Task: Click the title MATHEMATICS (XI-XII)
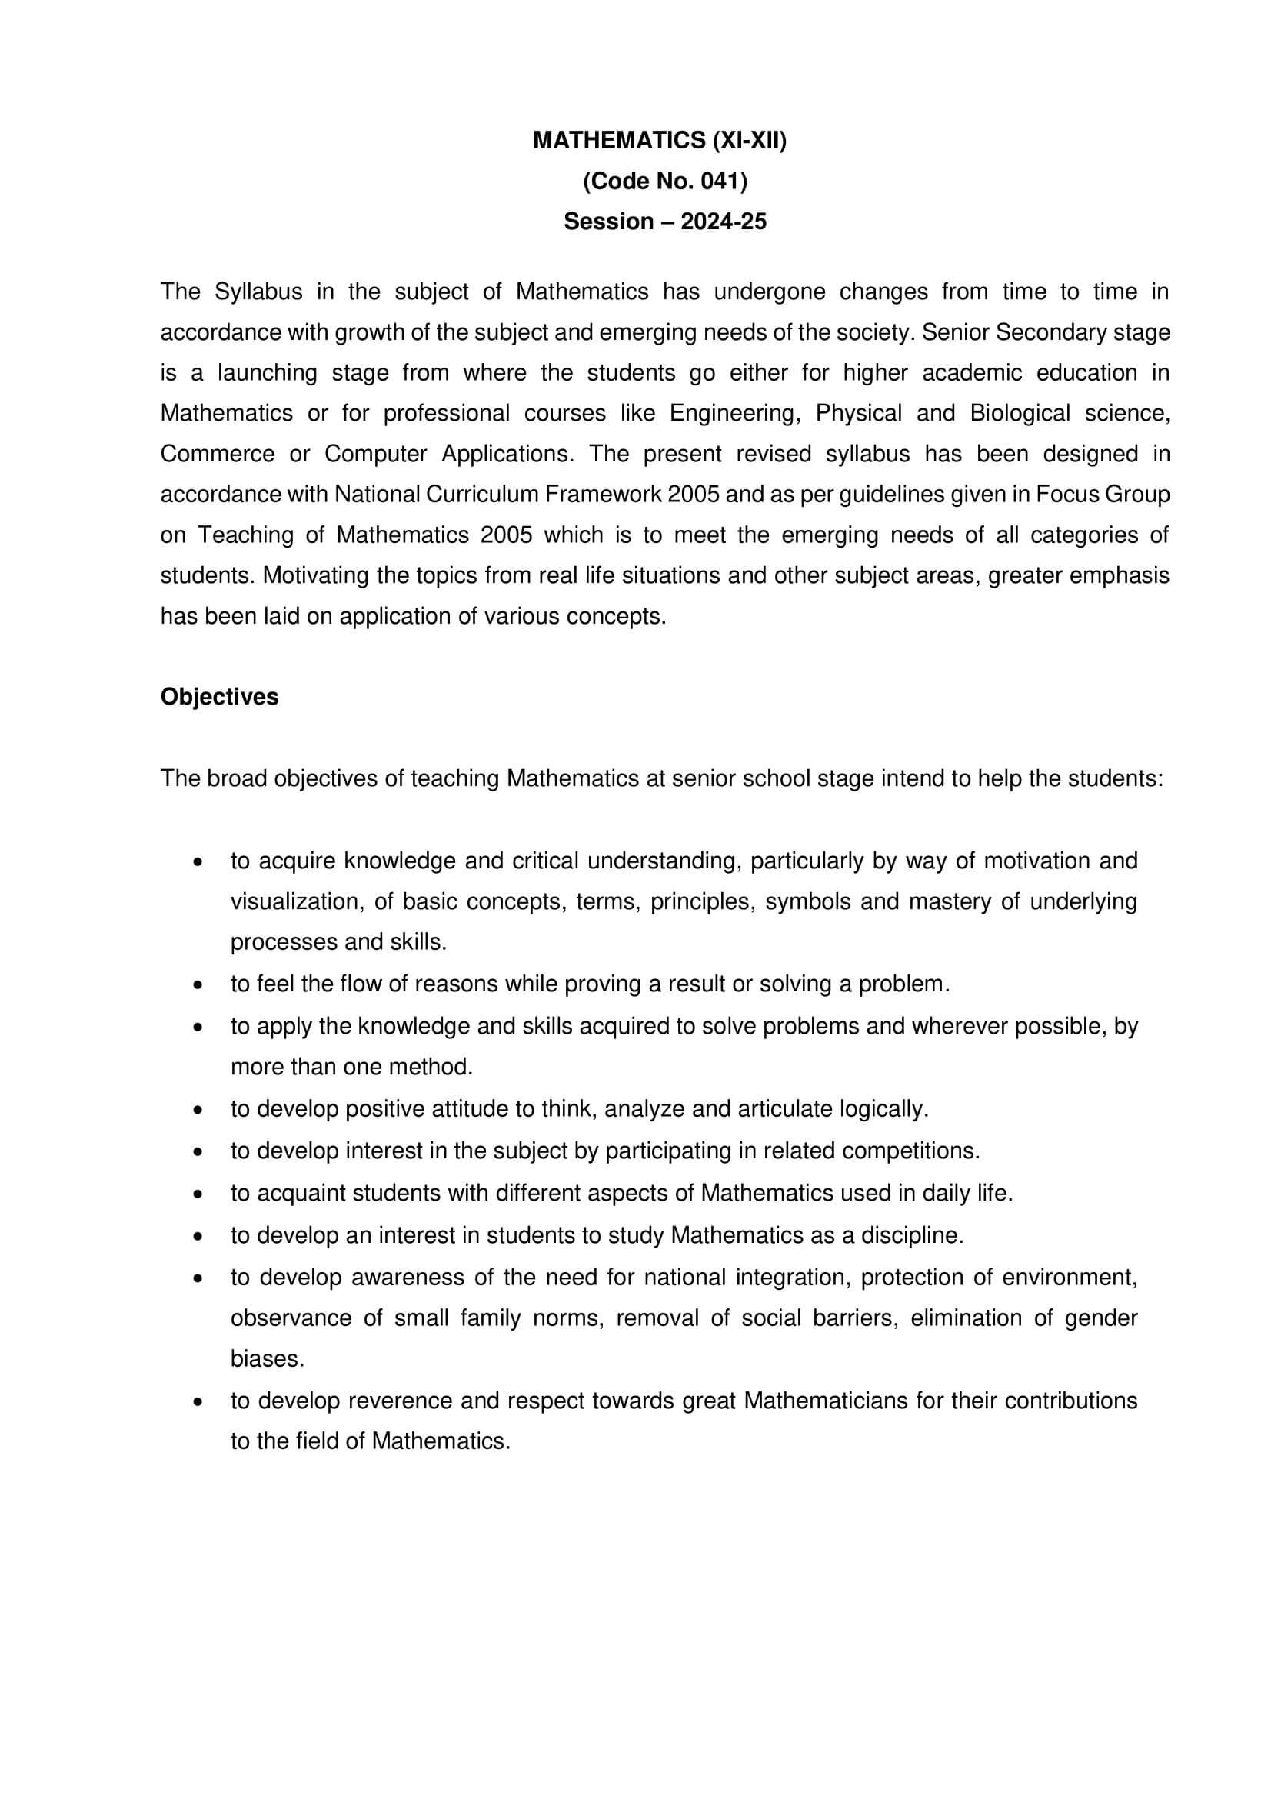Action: (x=660, y=140)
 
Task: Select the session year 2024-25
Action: (x=723, y=222)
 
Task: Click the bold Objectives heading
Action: (x=219, y=697)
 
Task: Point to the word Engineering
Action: (x=734, y=413)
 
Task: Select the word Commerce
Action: (x=217, y=454)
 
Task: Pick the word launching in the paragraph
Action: (x=267, y=372)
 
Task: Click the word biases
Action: (x=266, y=1358)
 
